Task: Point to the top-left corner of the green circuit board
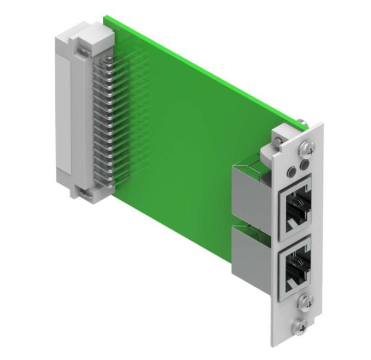(x=105, y=18)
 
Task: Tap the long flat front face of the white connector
(x=63, y=112)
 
